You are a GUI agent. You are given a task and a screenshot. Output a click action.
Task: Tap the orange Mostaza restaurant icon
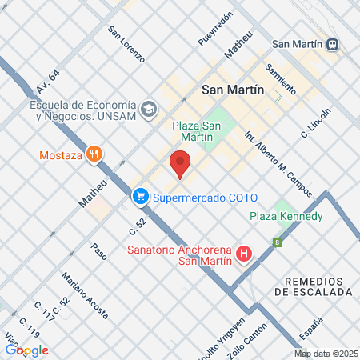[x=94, y=155]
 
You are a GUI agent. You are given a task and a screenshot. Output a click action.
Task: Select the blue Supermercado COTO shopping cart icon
[x=141, y=195]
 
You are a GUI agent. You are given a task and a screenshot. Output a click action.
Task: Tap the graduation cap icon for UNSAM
[x=148, y=109]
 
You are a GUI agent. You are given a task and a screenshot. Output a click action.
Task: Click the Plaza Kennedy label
[x=286, y=217]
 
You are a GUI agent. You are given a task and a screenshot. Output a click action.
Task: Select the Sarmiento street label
[x=281, y=78]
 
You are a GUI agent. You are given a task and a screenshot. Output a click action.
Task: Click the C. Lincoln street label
[x=316, y=122]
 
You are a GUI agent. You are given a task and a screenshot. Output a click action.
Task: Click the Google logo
[x=27, y=350]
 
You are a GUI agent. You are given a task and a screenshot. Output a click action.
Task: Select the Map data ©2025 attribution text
[x=326, y=354]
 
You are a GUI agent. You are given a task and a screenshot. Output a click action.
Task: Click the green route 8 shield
[x=278, y=242]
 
